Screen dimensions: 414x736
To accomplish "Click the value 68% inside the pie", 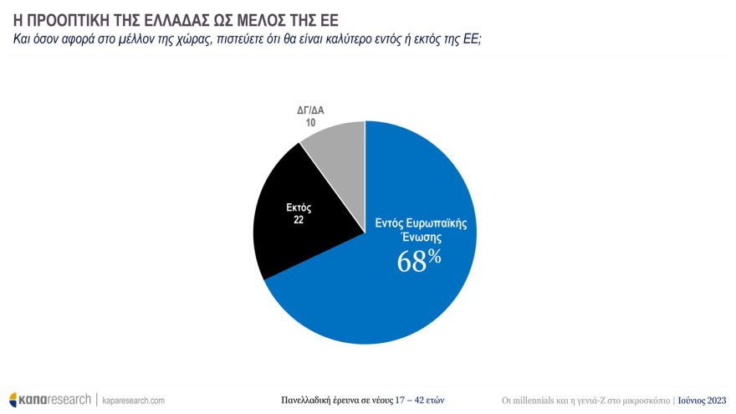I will tap(419, 260).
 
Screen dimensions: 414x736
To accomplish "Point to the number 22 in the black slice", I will tap(299, 220).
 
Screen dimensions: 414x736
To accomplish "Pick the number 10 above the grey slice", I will tap(310, 122).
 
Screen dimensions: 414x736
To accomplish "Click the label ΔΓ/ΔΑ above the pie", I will tap(310, 110).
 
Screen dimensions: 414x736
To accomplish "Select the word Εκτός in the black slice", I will tap(299, 208).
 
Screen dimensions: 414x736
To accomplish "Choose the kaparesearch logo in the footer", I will tap(49, 400).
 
